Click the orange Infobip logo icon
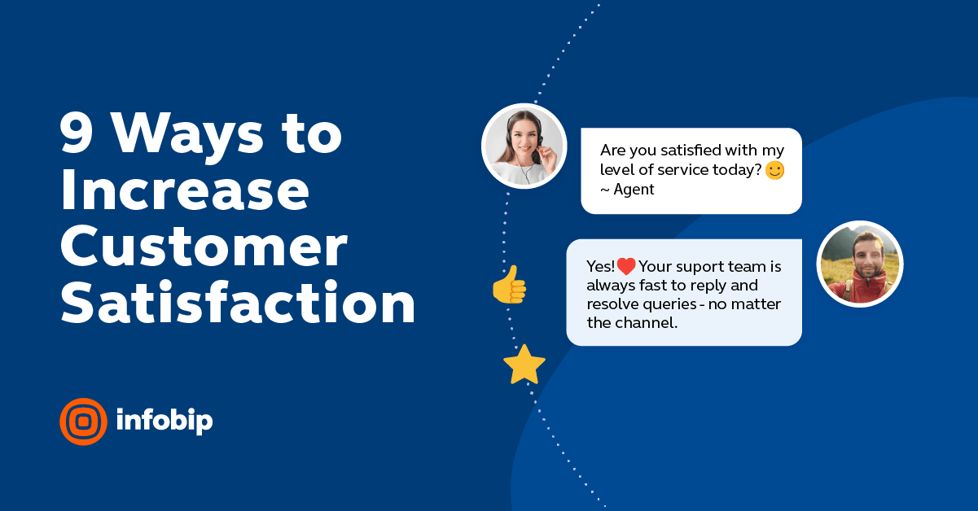[83, 421]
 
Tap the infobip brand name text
[164, 421]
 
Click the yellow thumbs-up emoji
[510, 285]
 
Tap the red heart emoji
[625, 266]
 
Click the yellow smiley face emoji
[774, 171]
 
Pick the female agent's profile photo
[524, 146]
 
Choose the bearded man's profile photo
[859, 264]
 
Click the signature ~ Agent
[627, 190]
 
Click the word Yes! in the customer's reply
[600, 267]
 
